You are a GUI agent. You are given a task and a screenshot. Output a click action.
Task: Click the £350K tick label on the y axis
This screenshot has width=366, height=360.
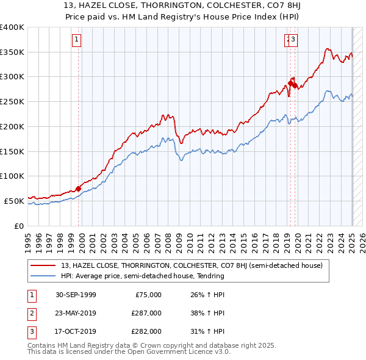[12, 52]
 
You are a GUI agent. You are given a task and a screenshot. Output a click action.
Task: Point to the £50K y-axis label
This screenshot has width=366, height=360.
[14, 200]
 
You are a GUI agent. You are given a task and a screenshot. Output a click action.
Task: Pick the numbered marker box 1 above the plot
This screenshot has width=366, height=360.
[77, 40]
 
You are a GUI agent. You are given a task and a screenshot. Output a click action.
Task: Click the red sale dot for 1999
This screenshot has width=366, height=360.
[79, 189]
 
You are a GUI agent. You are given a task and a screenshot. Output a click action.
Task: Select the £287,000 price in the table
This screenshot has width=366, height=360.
[147, 313]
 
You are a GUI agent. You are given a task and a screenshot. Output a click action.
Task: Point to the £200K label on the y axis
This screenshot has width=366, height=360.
[12, 126]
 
